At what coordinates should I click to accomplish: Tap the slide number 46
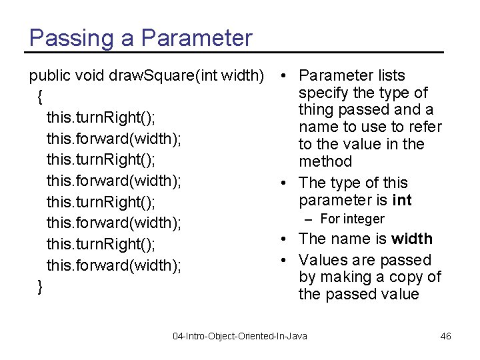pos(446,336)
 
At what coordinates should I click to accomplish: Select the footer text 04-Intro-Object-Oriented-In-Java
pos(240,336)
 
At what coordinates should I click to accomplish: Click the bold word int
pos(402,200)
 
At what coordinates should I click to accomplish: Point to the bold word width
pos(412,239)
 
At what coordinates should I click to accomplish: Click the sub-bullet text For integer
pos(352,219)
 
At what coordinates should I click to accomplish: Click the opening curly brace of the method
pos(41,97)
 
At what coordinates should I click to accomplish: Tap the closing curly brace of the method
pos(41,287)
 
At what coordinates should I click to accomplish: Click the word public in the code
pos(47,75)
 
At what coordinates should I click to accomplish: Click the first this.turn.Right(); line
pos(101,118)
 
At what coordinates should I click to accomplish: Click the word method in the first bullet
pos(325,161)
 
